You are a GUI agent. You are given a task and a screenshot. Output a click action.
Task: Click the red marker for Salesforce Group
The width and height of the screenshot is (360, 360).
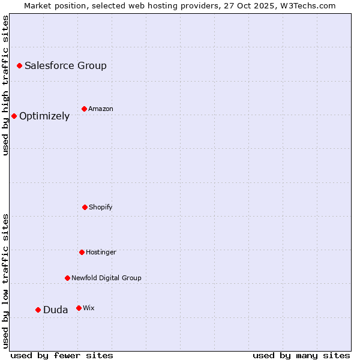coord(19,65)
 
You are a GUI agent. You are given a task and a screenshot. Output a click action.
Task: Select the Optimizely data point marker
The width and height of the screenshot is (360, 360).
coord(14,116)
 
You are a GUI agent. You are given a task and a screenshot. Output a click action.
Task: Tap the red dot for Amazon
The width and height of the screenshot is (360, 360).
coord(84,109)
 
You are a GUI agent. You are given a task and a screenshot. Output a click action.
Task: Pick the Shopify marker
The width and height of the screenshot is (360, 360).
coord(85,207)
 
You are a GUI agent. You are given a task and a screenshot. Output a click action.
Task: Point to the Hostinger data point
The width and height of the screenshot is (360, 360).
coord(82,252)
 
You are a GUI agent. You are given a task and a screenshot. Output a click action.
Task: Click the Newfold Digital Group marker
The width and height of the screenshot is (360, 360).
coord(67,278)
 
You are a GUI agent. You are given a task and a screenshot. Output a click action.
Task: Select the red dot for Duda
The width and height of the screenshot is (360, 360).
coord(38,310)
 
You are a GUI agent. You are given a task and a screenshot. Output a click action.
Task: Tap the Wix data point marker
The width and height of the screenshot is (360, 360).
coord(79,308)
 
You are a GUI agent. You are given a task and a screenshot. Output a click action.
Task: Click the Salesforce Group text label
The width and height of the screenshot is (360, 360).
coord(65,66)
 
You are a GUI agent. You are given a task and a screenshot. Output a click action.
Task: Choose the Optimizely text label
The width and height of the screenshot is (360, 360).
coord(44,116)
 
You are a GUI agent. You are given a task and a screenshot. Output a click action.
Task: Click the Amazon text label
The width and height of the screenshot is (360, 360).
coord(101,109)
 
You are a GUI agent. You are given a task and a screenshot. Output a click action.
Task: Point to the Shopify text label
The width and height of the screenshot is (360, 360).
coord(101,208)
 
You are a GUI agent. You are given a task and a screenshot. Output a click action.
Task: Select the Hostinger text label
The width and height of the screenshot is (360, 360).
coord(101,253)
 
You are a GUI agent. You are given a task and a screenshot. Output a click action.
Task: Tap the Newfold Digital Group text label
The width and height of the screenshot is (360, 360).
coord(106,278)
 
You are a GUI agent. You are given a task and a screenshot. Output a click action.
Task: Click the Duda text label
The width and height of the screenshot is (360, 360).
coord(55,310)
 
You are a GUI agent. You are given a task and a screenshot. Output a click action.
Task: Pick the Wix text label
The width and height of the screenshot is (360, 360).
coord(89,308)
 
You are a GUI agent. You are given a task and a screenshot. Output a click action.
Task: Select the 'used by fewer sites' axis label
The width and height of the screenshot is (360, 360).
coord(62,355)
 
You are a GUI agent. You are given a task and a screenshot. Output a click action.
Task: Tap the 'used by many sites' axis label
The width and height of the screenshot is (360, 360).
coord(301,355)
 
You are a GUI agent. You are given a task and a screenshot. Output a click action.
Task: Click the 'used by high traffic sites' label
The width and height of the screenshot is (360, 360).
coord(5,85)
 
